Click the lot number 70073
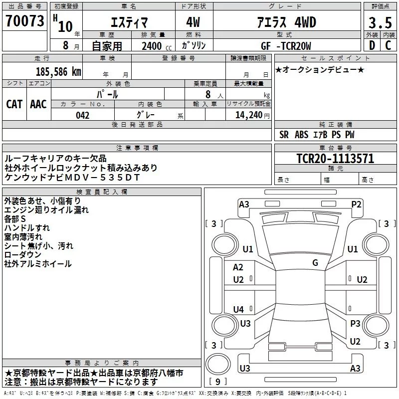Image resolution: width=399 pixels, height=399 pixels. [24, 21]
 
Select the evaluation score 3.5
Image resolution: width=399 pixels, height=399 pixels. [380, 23]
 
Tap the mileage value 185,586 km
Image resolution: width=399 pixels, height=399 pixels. [58, 72]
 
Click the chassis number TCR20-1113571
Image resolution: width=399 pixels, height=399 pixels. [335, 159]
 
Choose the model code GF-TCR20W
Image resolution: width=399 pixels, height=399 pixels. [286, 46]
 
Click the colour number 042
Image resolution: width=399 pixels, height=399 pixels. [82, 115]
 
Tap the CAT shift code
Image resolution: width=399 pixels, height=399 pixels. [14, 104]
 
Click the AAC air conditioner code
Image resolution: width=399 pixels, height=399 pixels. [38, 104]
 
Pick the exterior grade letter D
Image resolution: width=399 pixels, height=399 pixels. [372, 45]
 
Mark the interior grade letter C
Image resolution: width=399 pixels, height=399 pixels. [388, 45]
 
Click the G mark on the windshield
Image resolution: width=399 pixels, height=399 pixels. [315, 262]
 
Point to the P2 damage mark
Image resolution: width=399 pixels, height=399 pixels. [356, 204]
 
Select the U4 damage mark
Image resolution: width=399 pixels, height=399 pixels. [238, 309]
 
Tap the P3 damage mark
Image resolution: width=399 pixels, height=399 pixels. [355, 323]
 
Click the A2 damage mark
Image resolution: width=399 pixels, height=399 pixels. [238, 267]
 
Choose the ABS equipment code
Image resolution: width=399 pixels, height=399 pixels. [302, 135]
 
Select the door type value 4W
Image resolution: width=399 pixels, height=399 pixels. [193, 22]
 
